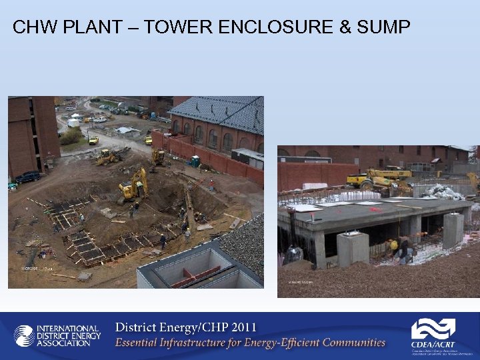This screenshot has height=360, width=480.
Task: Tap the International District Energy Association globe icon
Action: click(25, 335)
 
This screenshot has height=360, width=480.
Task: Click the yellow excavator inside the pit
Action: click(133, 185)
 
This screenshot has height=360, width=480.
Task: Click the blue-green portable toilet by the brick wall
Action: click(195, 161)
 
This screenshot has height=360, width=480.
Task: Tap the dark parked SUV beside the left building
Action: click(27, 177)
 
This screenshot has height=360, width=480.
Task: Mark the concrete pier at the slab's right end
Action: click(453, 231)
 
